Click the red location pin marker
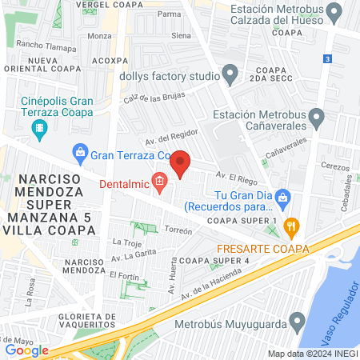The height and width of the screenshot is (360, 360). pos(181,163)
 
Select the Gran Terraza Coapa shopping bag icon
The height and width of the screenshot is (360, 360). pos(80,151)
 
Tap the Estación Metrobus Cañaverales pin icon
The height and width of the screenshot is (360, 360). pos(317,119)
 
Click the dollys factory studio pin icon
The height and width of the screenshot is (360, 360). pos(231,77)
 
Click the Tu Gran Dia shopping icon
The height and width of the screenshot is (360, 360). pos(282,196)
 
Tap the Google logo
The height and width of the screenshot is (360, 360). pos(27,350)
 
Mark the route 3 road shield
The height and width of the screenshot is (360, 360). pos(328,59)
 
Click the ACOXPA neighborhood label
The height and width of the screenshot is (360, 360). pos(110,60)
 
